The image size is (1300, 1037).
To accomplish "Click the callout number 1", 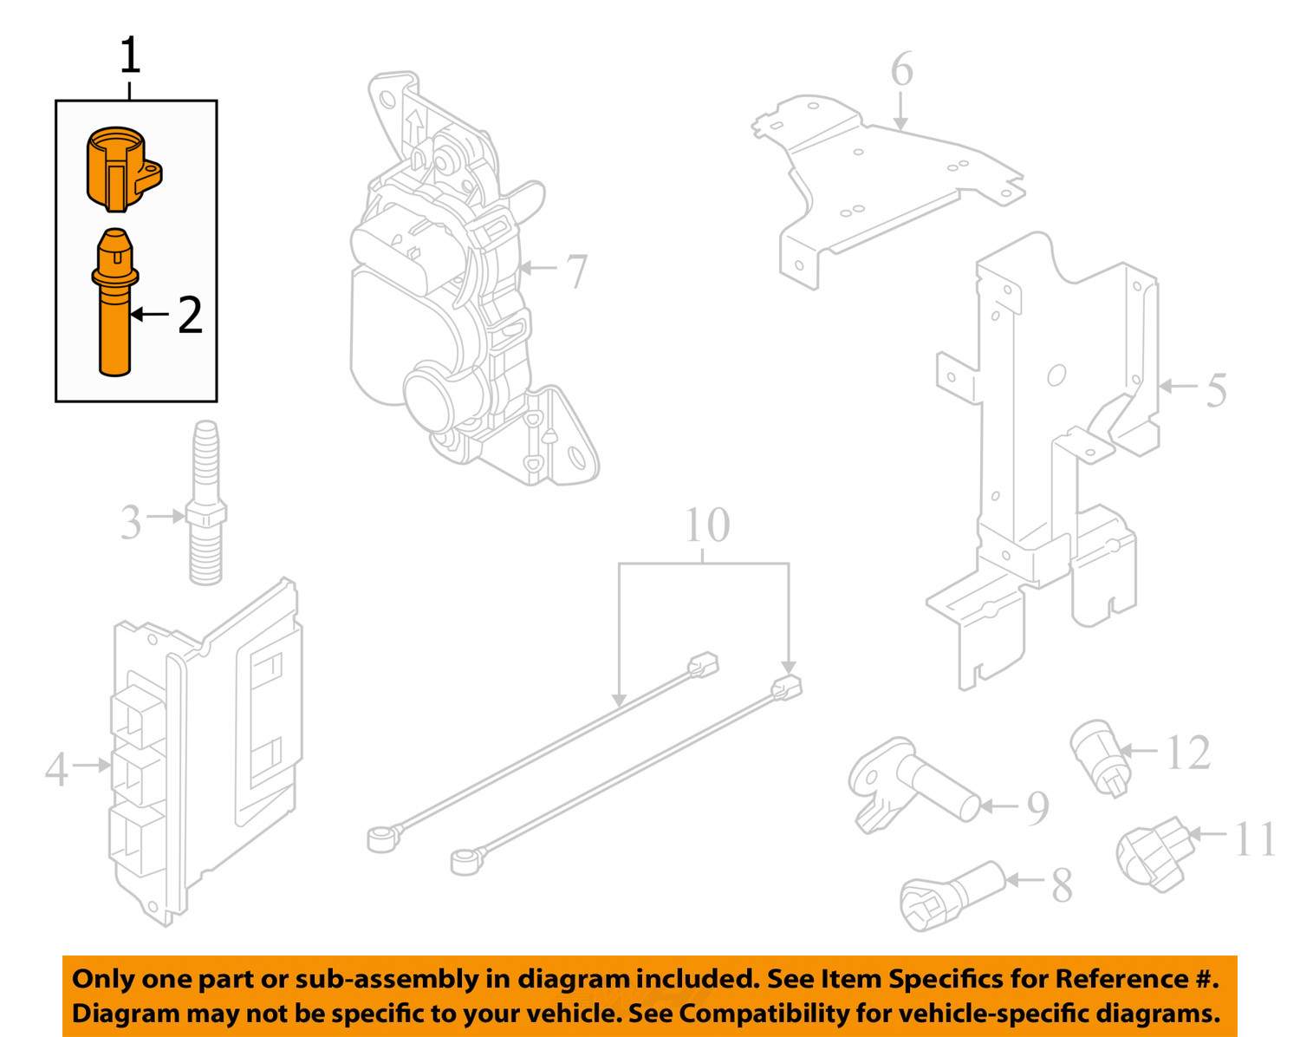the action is tap(131, 55).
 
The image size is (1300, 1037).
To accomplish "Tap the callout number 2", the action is tap(191, 314).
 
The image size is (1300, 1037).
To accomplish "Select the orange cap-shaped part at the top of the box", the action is tap(123, 169).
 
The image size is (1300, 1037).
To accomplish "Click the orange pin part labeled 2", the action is tap(114, 302).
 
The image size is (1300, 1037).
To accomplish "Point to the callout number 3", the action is tap(131, 522).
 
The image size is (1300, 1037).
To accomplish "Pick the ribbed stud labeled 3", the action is tap(206, 502).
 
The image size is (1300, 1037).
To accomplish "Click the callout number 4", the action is tap(57, 769).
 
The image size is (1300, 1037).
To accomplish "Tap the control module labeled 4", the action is tap(205, 752).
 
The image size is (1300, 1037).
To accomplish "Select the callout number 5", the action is tap(1215, 389).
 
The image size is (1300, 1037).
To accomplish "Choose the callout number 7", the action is tap(576, 271).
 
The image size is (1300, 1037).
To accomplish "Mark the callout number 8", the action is tap(1062, 886).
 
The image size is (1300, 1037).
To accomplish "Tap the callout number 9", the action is tap(1037, 809).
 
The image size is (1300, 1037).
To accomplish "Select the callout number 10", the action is tap(707, 525).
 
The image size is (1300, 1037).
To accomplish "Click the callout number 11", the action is tap(1255, 838).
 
